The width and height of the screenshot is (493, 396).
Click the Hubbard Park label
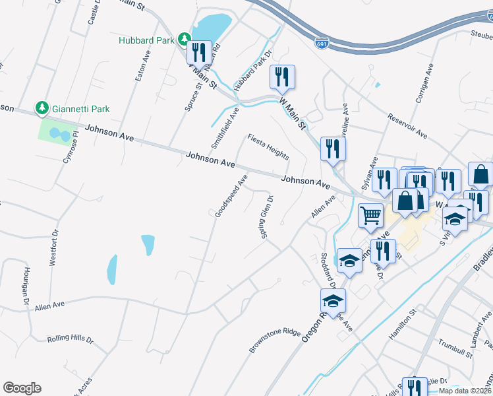pyautogui.click(x=146, y=40)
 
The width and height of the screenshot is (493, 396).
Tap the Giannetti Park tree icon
pyautogui.click(x=42, y=108)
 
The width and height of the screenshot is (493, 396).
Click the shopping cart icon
pyautogui.click(x=371, y=214)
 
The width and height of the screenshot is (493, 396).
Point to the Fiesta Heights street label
pyautogui.click(x=268, y=147)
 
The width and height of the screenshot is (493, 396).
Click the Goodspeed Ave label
pyautogui.click(x=231, y=196)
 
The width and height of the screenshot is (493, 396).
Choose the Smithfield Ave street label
pyautogui.click(x=225, y=127)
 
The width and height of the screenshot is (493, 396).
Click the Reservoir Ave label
pyautogui.click(x=408, y=125)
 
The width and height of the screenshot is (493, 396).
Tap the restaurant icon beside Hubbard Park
pyautogui.click(x=198, y=52)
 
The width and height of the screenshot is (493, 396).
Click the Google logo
pyautogui.click(x=22, y=388)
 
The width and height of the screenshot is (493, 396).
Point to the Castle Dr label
pyautogui.click(x=92, y=13)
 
